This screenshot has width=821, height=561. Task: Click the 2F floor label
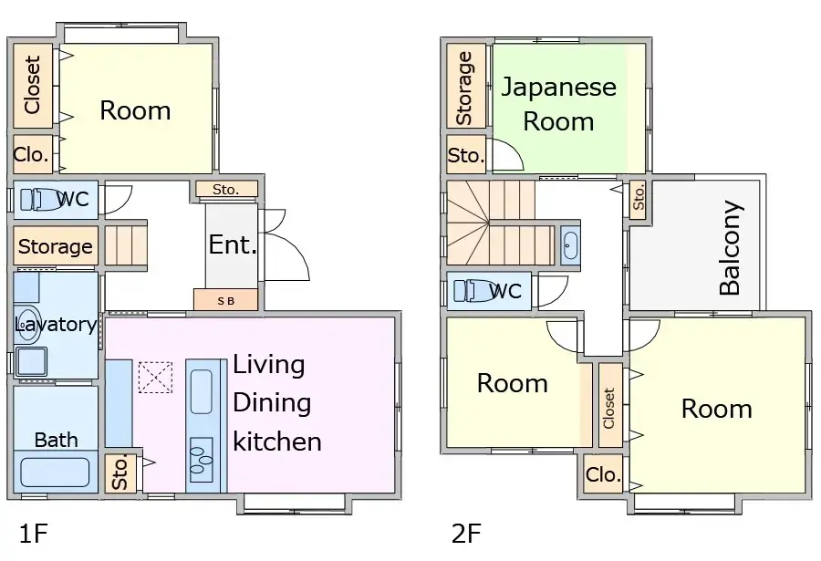click(x=466, y=533)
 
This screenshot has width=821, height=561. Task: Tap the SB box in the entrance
click(x=225, y=300)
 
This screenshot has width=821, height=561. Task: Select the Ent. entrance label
click(x=233, y=244)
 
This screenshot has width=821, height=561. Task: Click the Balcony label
click(x=730, y=248)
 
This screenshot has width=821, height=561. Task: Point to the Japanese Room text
click(x=558, y=104)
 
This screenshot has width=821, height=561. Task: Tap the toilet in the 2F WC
click(x=474, y=290)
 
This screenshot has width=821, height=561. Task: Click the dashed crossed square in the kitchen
click(x=155, y=377)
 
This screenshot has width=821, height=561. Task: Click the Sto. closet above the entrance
click(x=226, y=190)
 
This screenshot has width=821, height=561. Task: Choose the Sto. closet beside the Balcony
click(x=639, y=198)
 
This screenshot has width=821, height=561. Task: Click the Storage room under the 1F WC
click(x=56, y=246)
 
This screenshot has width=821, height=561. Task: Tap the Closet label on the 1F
click(x=33, y=85)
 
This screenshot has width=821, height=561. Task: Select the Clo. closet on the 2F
click(x=603, y=475)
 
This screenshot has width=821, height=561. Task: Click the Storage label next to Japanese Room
click(x=465, y=88)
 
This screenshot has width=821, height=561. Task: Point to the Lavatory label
click(x=56, y=325)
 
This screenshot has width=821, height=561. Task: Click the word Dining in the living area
click(x=272, y=402)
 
